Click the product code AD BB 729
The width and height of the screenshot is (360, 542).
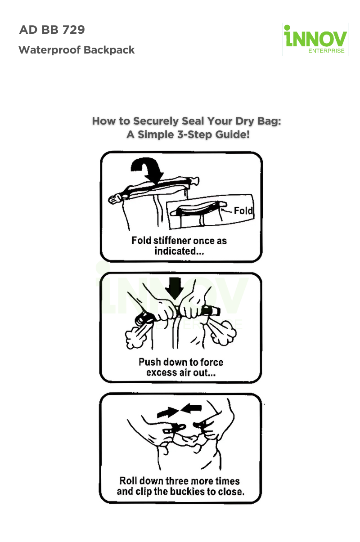52,30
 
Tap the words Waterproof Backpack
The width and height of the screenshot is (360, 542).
76,50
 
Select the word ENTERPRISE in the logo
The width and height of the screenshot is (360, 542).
326,51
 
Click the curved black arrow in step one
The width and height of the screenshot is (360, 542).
146,170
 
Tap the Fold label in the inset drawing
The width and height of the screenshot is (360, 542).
243,211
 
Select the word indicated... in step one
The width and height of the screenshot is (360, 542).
179,251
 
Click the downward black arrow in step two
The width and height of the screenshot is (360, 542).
174,288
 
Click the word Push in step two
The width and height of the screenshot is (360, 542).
149,362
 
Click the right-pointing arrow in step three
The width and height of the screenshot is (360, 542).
168,412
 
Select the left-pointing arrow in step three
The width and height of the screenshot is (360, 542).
191,408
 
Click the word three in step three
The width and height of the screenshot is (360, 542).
173,481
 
